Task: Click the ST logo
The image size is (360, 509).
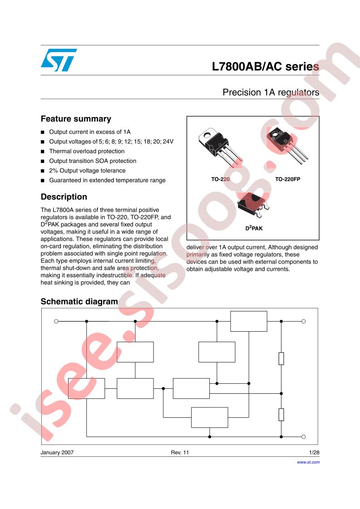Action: coord(58,60)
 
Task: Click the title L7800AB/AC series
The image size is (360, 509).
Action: coord(265,67)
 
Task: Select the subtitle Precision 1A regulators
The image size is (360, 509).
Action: coord(271,92)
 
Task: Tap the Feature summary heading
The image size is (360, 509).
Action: coord(76,119)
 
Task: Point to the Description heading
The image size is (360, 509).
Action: coord(64,197)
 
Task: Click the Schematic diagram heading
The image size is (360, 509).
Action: coord(79,302)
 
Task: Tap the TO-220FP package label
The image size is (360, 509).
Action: coord(287,179)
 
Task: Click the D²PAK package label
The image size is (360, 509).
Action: coord(254,229)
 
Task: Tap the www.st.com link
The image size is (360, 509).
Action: coord(308,462)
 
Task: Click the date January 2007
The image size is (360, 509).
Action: coord(57,453)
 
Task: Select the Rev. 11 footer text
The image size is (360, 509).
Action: coord(179,453)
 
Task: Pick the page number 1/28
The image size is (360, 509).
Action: coord(314,453)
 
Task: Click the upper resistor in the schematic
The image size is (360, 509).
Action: coord(281,358)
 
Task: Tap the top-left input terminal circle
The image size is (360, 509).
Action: coord(56,321)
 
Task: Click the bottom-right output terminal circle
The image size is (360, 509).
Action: coord(303,437)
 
